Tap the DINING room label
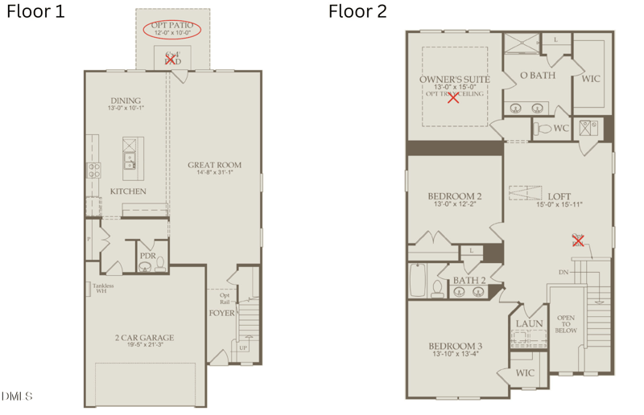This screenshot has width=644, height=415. pos(126,101)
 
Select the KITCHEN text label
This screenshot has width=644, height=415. pos(128,191)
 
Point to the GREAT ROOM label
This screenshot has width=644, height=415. pos(214,166)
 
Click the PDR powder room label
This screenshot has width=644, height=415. pos(148,256)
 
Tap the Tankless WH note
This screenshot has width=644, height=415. pos(102,288)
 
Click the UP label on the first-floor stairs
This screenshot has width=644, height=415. pos(243,349)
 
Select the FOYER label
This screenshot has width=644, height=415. pos(223,313)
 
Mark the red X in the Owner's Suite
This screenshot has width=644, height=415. pos(453,98)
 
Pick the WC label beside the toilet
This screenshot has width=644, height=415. pos(561,128)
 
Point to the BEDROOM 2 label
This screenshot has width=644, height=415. pos(454,196)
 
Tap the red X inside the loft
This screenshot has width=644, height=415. pos(577,240)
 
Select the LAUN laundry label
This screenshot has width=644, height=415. pos(529,324)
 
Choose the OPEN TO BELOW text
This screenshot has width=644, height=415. pos(567,317)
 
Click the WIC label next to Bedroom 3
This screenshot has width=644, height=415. pos(525,373)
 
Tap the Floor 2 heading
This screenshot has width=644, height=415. pos(357,11)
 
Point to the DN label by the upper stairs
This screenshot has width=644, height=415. pos(563,272)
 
